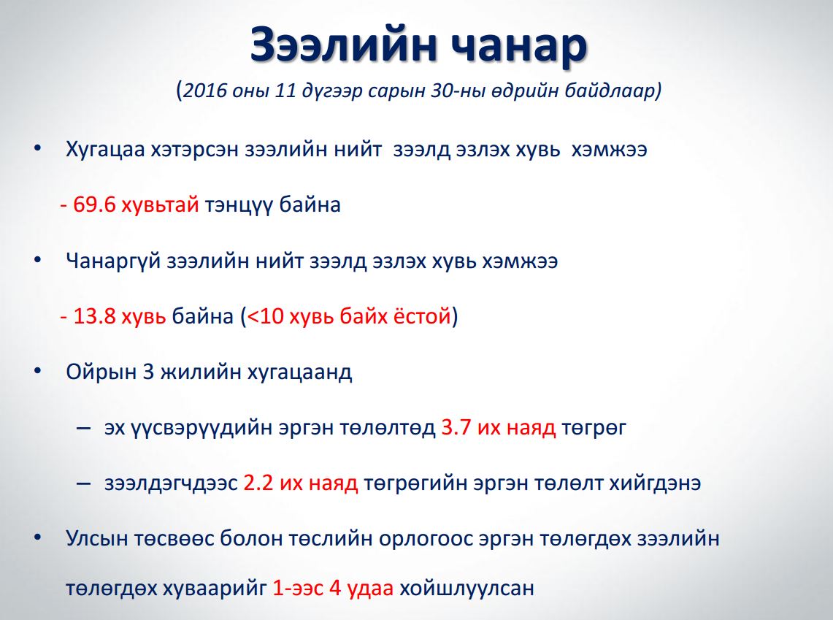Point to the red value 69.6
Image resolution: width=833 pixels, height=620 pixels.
tap(94, 204)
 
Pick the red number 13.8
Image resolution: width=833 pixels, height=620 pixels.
tap(94, 315)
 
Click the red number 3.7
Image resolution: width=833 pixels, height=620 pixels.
tap(456, 427)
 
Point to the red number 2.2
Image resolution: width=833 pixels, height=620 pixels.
tap(258, 483)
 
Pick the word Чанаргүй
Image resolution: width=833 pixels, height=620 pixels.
tap(113, 261)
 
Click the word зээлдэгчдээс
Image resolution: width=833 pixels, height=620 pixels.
tap(171, 483)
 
